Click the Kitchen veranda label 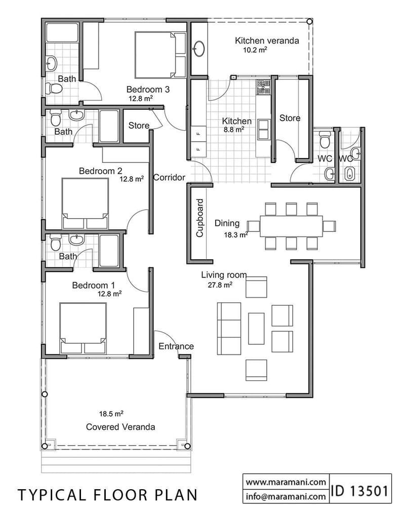[x=266, y=41]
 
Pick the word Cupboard [x=199, y=218]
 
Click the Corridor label [x=169, y=177]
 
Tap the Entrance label [x=176, y=346]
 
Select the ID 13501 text [x=360, y=491]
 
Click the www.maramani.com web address [x=286, y=482]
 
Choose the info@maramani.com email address [x=286, y=497]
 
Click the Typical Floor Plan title [x=108, y=495]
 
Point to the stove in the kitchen [x=263, y=87]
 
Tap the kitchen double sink [x=263, y=129]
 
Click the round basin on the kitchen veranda [x=198, y=50]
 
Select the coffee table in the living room [x=256, y=328]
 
